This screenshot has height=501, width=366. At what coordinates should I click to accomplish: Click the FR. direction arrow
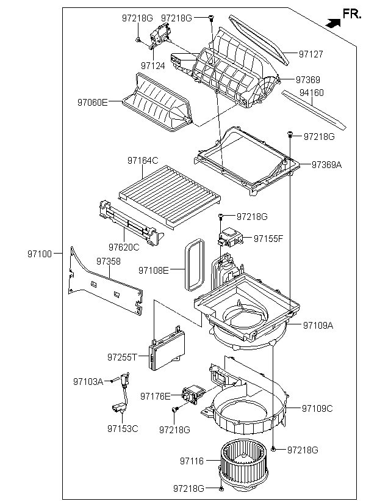333,23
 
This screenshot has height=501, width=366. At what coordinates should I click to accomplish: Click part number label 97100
40,254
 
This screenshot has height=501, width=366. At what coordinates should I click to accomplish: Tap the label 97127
311,54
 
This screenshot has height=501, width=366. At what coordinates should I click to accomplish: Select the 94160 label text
312,93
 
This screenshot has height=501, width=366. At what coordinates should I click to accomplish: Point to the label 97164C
143,161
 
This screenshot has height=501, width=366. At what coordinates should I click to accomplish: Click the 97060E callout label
93,103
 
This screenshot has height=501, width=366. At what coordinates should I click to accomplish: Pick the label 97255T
122,357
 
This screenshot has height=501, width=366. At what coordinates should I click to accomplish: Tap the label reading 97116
192,461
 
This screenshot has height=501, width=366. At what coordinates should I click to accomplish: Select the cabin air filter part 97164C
170,196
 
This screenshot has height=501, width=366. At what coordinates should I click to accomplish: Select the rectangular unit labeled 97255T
167,351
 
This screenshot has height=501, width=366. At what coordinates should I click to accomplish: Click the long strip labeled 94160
314,110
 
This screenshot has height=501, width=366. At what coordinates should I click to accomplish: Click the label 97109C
317,409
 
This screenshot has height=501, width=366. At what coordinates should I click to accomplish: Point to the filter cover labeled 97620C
130,223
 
